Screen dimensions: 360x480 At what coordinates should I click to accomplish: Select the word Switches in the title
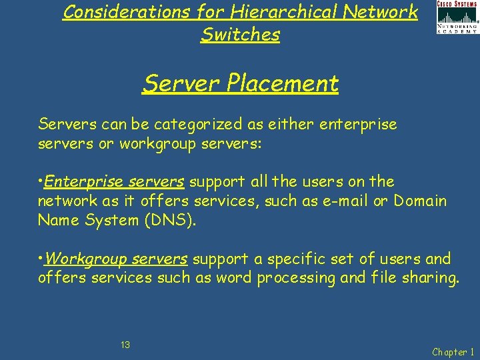240,35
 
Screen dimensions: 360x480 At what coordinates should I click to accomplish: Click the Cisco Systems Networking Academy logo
457,17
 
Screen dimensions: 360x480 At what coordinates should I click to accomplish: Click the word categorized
189,124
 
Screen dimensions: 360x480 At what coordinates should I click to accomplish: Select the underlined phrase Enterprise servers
115,181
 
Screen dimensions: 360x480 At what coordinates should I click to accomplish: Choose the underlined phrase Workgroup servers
119,259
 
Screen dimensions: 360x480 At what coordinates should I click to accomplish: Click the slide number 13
125,345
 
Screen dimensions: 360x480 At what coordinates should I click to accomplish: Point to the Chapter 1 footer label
453,352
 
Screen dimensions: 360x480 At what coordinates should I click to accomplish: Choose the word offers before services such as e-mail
170,201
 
